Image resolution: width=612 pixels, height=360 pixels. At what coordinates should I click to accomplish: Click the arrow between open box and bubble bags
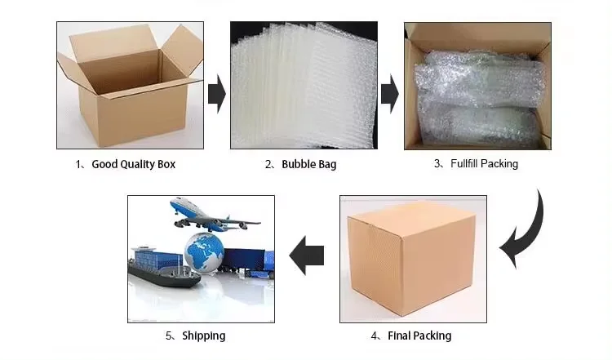coord(216,95)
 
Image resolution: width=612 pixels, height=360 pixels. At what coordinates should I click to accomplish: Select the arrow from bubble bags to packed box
coord(390,95)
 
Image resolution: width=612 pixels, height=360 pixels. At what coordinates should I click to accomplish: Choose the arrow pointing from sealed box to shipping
coord(308,256)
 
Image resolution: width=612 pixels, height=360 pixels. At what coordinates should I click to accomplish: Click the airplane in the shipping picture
coord(212,215)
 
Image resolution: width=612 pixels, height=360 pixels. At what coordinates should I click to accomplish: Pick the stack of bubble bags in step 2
coord(304,86)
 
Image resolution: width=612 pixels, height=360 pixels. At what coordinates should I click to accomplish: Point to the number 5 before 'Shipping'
coord(169,336)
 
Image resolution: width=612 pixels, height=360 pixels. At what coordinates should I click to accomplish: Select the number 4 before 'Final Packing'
coord(375,336)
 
